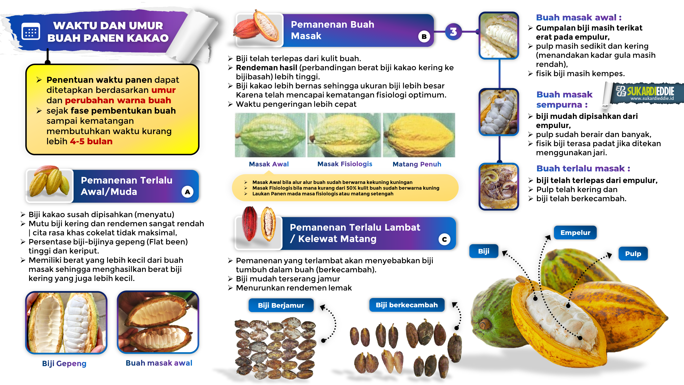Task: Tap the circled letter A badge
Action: (187, 192)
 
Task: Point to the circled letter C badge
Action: (444, 239)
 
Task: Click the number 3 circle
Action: (453, 32)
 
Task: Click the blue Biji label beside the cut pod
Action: (484, 251)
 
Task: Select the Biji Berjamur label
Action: (281, 305)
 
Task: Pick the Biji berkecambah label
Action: (406, 305)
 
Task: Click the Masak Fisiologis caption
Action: (345, 164)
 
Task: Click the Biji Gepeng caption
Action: (64, 363)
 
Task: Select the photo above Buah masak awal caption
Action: (158, 322)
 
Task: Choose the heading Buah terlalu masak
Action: (583, 168)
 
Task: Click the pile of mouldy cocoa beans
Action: (275, 348)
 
